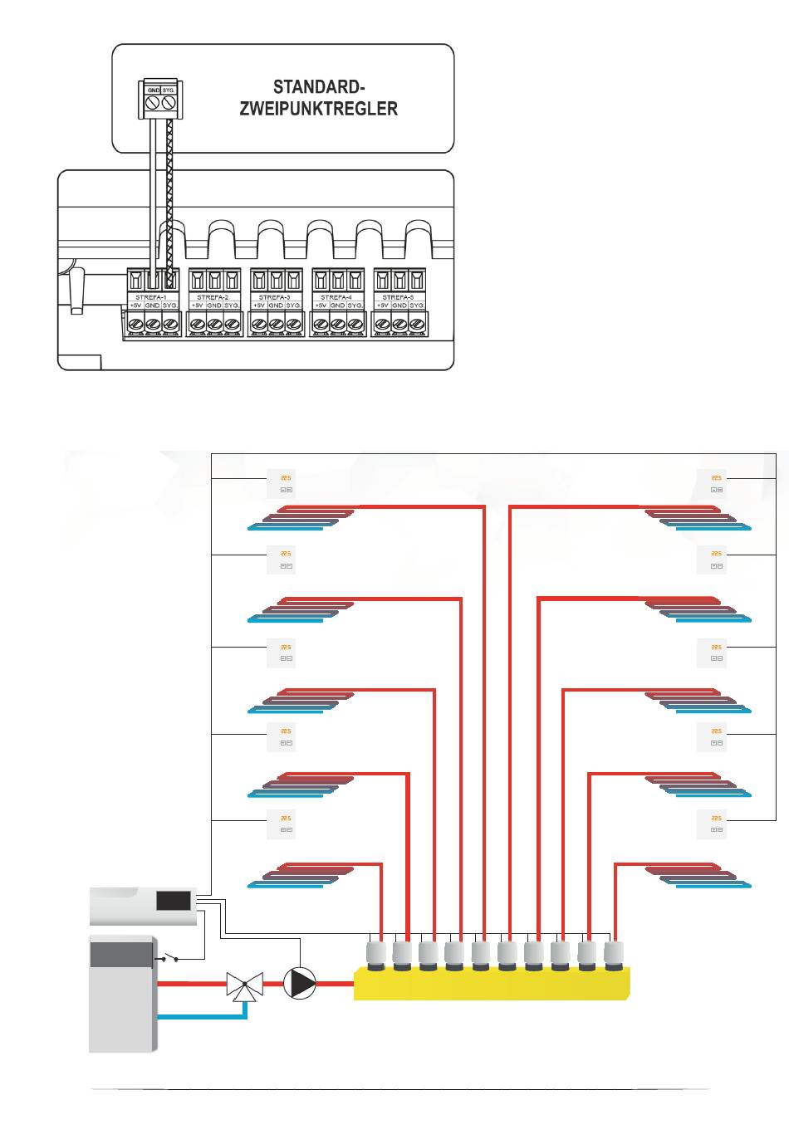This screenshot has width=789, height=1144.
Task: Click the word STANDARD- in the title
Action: click(319, 87)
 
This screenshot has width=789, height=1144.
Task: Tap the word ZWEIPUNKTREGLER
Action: click(319, 109)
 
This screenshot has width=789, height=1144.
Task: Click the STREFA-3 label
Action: click(275, 296)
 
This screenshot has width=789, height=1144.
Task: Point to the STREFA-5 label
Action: click(399, 296)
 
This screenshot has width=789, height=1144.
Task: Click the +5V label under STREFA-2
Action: click(198, 306)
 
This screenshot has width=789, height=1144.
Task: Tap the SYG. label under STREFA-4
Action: click(355, 306)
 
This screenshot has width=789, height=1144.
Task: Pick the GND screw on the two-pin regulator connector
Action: click(153, 102)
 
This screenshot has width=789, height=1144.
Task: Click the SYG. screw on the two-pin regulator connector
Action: click(169, 102)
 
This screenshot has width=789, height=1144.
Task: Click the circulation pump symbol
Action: click(300, 983)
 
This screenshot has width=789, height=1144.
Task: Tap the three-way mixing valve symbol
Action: click(241, 986)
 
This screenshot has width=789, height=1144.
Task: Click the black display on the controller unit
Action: click(174, 902)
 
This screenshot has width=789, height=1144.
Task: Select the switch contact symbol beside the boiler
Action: click(170, 958)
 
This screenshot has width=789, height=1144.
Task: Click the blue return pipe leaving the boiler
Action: click(199, 1016)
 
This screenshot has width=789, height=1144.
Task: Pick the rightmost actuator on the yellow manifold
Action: click(615, 956)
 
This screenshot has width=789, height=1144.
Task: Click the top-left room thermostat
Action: click(280, 483)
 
